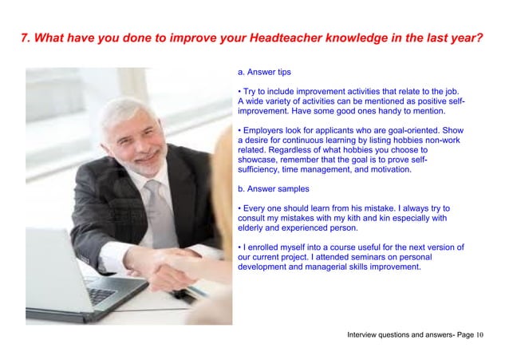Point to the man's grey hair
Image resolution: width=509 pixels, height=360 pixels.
coord(120,112)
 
